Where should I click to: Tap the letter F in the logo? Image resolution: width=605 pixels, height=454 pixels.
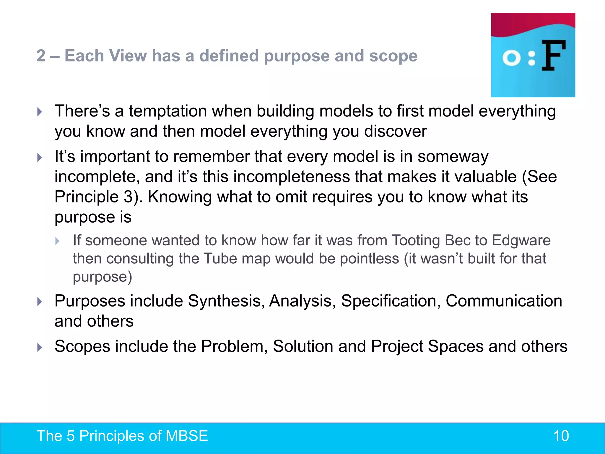point(554,56)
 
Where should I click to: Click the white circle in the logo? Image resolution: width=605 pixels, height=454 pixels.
point(511,58)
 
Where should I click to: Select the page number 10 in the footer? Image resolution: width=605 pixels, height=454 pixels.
point(561,436)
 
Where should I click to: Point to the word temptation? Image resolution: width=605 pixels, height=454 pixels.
point(167,111)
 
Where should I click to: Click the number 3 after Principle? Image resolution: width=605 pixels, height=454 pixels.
point(128,197)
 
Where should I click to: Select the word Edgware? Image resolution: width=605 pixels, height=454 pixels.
point(521,240)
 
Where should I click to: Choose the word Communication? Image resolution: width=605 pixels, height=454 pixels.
point(504,301)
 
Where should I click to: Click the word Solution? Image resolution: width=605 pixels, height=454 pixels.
point(303,346)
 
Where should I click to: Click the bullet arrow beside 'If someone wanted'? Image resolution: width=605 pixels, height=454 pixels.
point(58,241)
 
